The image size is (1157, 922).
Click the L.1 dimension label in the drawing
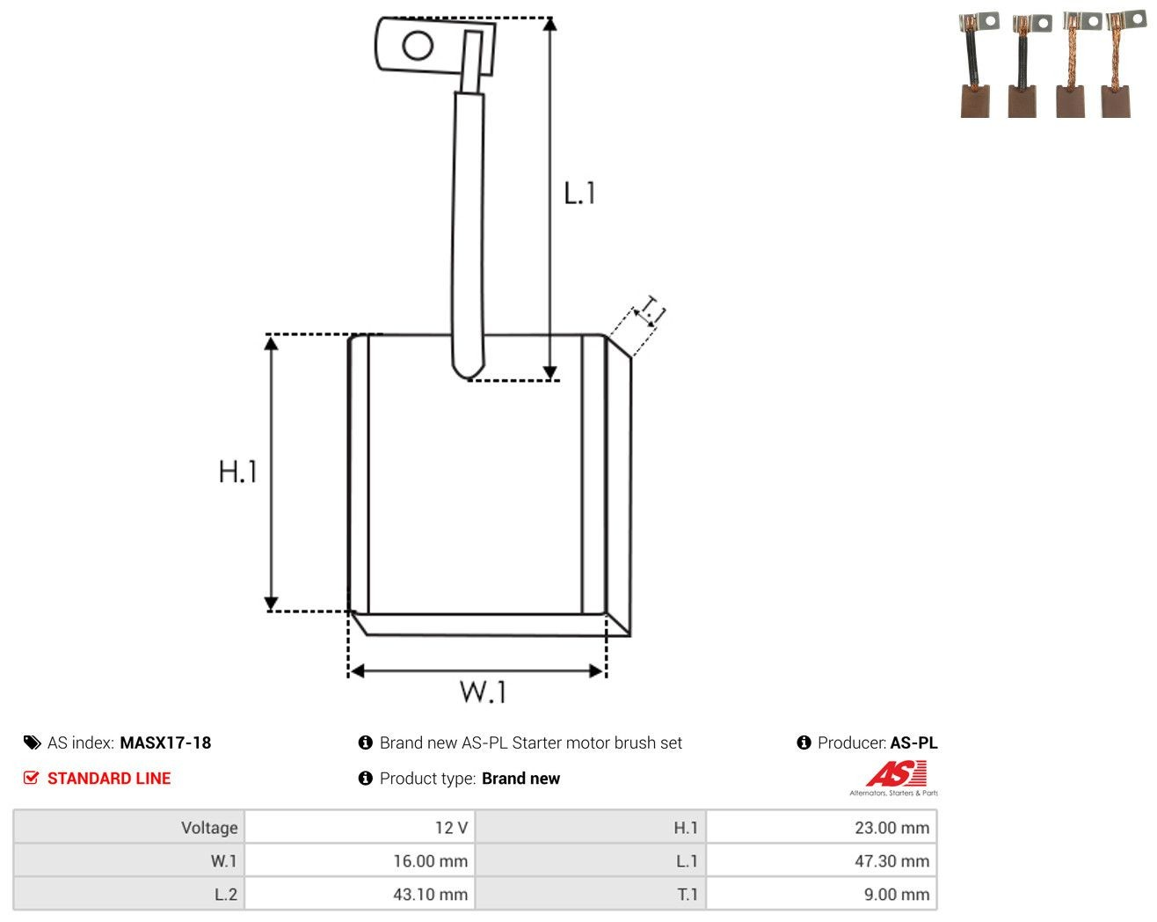[x=579, y=193]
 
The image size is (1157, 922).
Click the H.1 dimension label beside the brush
[x=237, y=472]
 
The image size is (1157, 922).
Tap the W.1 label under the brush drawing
[x=483, y=691]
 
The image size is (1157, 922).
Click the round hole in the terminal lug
[x=418, y=45]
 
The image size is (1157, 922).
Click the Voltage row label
[x=209, y=827]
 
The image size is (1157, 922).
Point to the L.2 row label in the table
[x=226, y=894]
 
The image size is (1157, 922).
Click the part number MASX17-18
[x=165, y=743]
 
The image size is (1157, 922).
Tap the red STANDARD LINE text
[x=109, y=778]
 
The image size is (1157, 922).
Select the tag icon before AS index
[x=33, y=743]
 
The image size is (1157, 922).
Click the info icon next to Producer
[x=804, y=743]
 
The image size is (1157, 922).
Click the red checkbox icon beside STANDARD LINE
[x=31, y=778]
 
